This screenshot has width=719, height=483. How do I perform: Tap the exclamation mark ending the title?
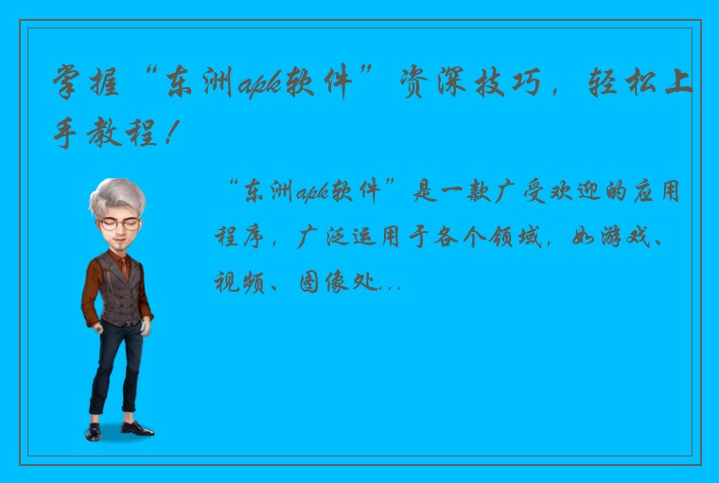[168, 136]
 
